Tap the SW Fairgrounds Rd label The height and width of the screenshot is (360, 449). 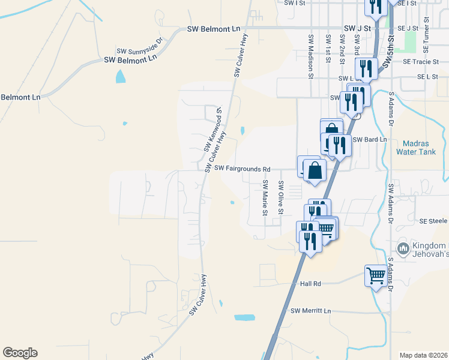(x=243, y=169)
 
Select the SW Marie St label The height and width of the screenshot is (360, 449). (x=264, y=197)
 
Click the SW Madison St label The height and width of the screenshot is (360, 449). (x=311, y=56)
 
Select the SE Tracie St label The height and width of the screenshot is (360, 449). (x=421, y=62)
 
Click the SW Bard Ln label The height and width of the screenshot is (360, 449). (x=367, y=140)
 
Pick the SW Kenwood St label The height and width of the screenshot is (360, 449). (x=215, y=130)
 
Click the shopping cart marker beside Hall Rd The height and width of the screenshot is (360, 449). (x=376, y=276)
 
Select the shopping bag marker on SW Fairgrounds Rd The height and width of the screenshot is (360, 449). (x=315, y=170)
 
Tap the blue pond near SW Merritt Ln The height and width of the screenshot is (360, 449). (x=244, y=318)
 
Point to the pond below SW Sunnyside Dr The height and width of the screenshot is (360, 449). (x=121, y=76)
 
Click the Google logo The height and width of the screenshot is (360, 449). (x=20, y=353)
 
